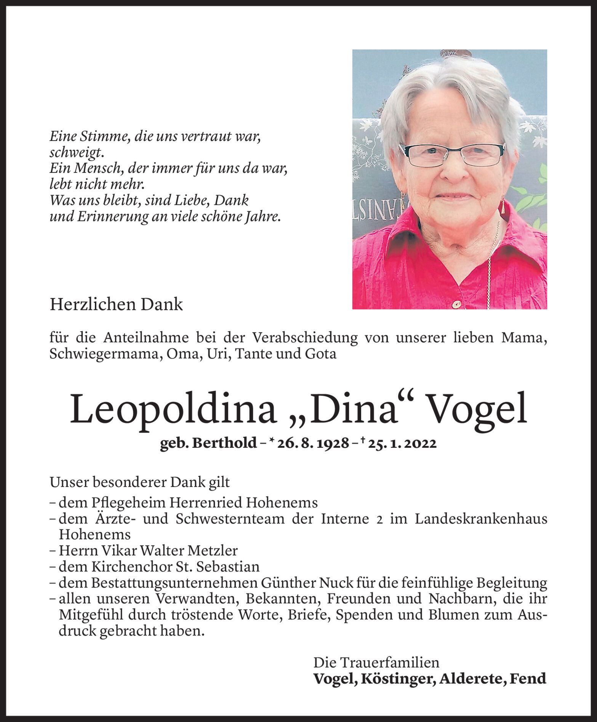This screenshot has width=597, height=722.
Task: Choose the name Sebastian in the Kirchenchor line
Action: pos(228,567)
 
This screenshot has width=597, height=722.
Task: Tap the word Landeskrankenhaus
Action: pos(481,519)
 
